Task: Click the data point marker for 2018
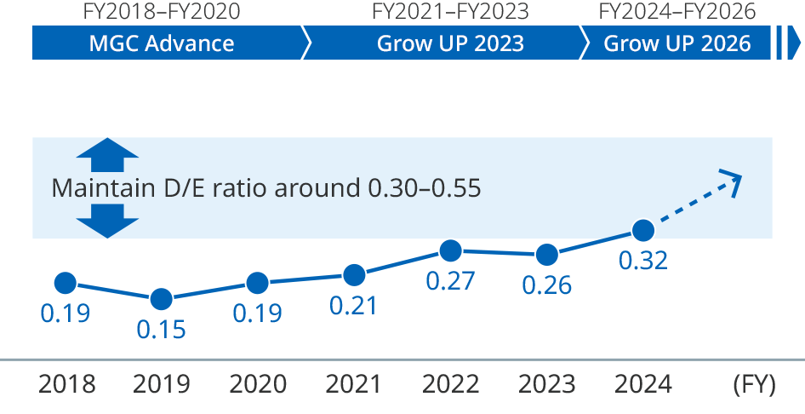coord(66,283)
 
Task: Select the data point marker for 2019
coord(161,299)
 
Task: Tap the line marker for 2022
coord(451,250)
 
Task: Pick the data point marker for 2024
coord(643,230)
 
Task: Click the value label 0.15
coord(161,329)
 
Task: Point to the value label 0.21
coord(353,305)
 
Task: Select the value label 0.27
coord(450,281)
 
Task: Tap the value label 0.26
coord(547,285)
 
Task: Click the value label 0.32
coord(643,261)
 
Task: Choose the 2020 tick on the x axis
coord(257,384)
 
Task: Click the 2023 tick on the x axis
coord(547,384)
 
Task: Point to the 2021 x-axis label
coord(353,384)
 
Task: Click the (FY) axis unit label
coord(754,384)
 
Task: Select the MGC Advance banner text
coord(161,43)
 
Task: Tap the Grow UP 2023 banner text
coord(450,43)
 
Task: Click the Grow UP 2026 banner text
coord(677,43)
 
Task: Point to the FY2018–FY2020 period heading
coord(161,12)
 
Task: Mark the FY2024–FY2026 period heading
coord(677,12)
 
